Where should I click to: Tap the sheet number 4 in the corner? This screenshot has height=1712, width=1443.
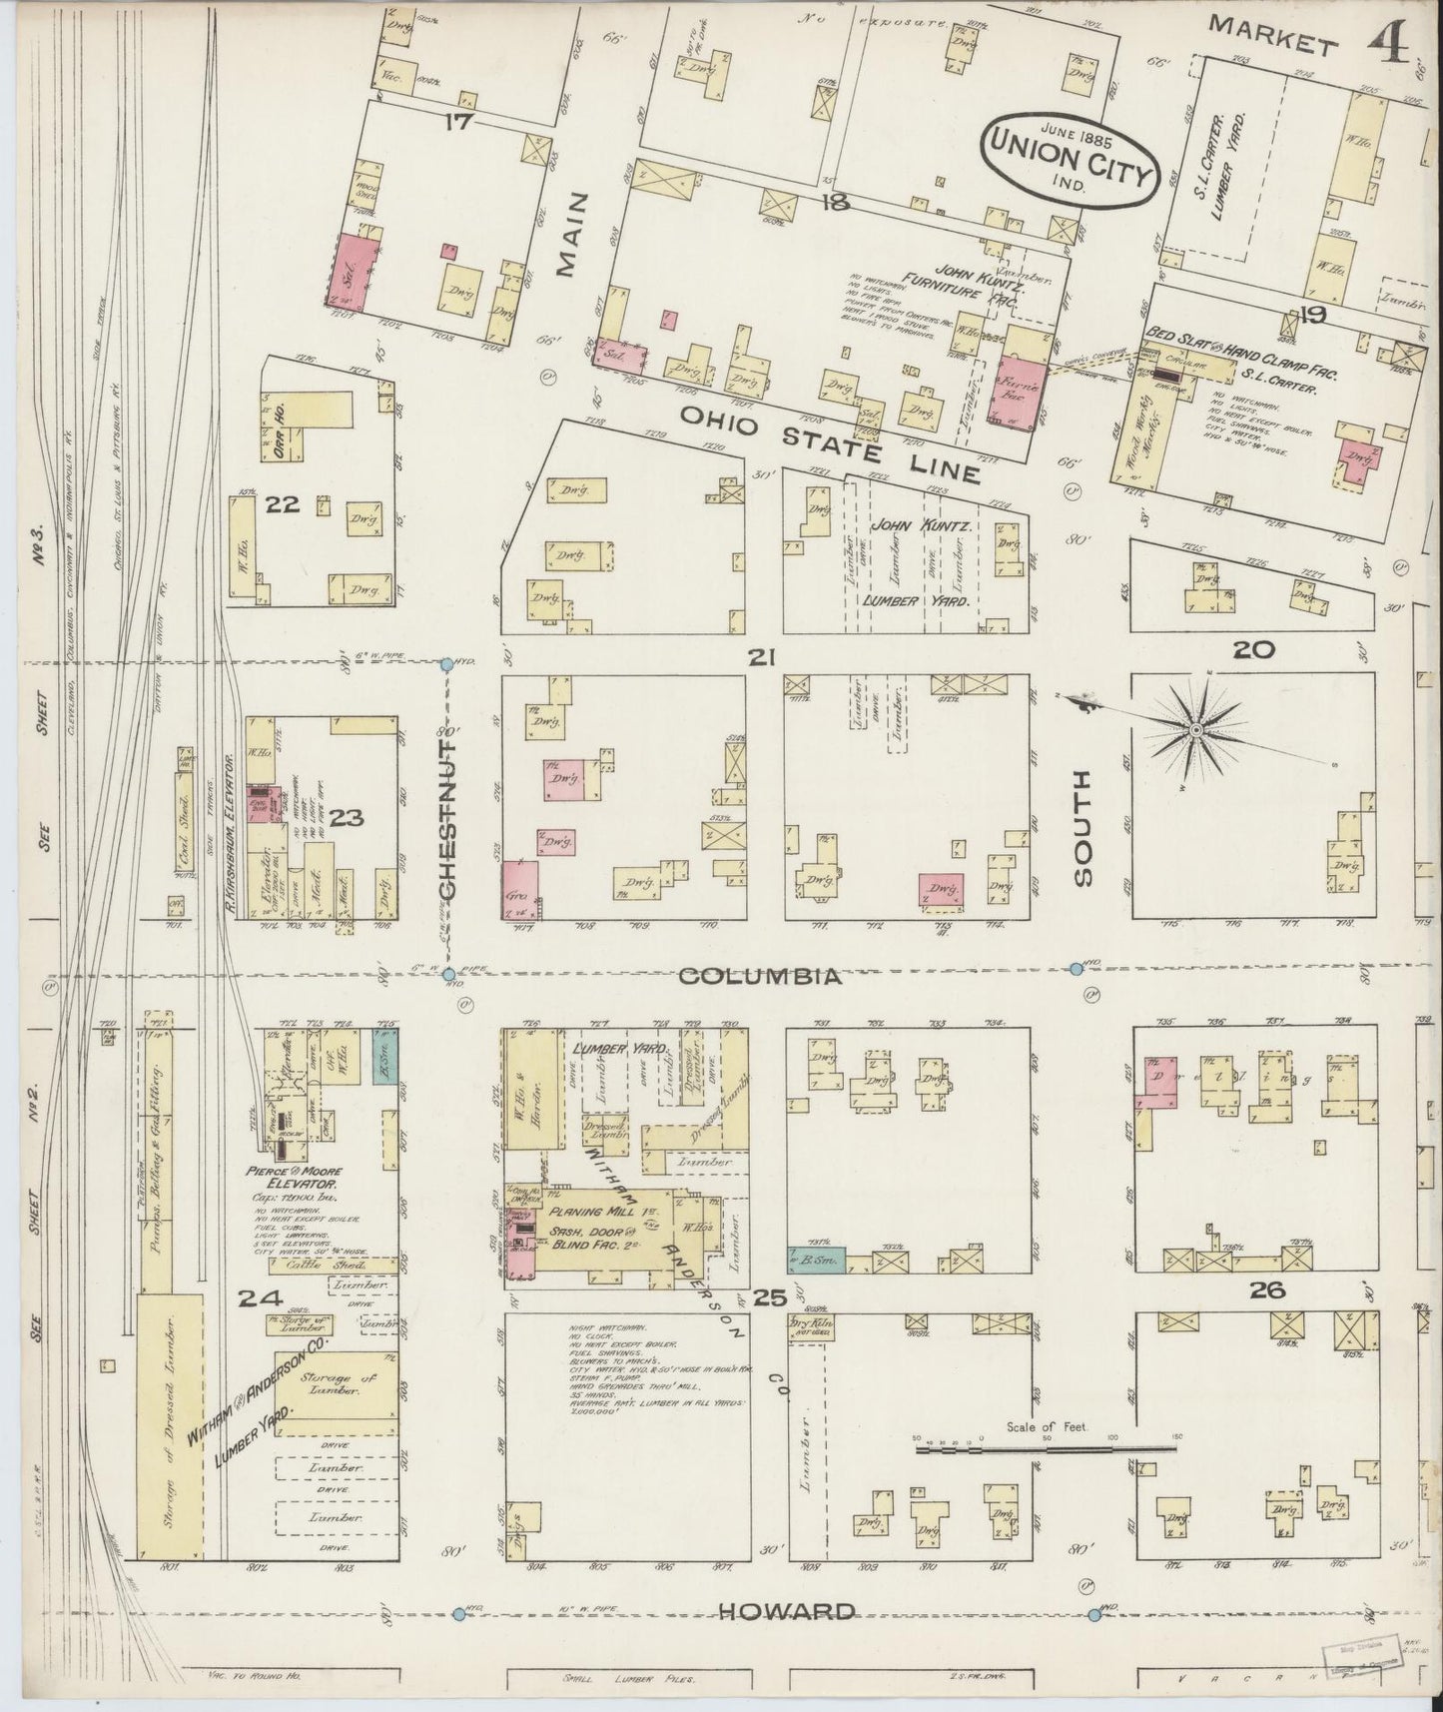click(1389, 42)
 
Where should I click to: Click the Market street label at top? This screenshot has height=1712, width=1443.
click(1271, 35)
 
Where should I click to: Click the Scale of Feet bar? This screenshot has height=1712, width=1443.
click(1045, 1446)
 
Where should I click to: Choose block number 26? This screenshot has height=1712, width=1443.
click(1266, 1290)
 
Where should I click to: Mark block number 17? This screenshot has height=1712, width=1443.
click(457, 123)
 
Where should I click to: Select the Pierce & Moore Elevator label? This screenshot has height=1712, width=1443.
click(301, 1176)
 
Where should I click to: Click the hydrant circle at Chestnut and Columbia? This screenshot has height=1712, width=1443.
click(448, 974)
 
